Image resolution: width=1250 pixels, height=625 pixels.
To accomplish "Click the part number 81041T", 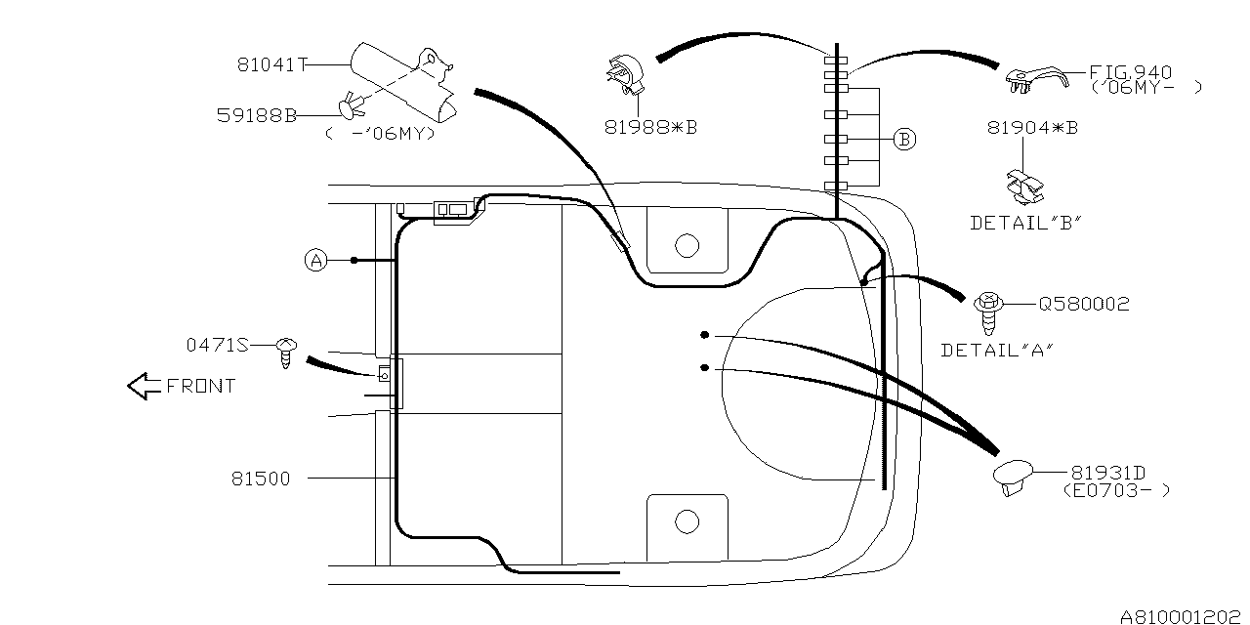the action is [272, 65].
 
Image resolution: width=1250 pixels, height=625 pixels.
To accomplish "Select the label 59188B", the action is [257, 115].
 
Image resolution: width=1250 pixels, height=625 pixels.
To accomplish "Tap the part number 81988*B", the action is [651, 128].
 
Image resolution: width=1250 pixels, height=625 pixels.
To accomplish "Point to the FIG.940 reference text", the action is [1131, 72].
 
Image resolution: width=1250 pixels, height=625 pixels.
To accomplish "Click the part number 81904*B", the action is [1033, 128].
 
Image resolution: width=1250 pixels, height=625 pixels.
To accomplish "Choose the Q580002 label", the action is [1084, 304].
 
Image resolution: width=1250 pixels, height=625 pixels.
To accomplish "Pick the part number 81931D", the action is [1108, 474].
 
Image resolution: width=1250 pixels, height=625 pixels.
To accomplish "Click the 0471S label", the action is [217, 346].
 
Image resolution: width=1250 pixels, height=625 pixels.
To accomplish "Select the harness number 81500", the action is [261, 479].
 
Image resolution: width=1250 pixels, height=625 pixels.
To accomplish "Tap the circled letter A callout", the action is [316, 261].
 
